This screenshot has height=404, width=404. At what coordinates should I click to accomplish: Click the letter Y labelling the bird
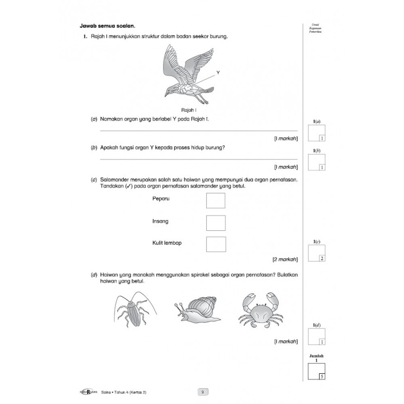(218, 73)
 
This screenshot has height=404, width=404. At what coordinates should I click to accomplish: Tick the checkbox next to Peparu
(215, 201)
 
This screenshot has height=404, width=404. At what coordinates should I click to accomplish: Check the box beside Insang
(215, 223)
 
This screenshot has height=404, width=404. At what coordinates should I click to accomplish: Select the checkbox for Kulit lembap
(215, 244)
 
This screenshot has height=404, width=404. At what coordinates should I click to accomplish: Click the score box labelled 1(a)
(316, 133)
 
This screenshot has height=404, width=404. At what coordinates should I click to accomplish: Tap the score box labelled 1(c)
(316, 253)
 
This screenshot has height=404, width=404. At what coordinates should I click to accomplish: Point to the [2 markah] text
(285, 259)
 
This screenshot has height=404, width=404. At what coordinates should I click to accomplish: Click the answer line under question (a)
(198, 131)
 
